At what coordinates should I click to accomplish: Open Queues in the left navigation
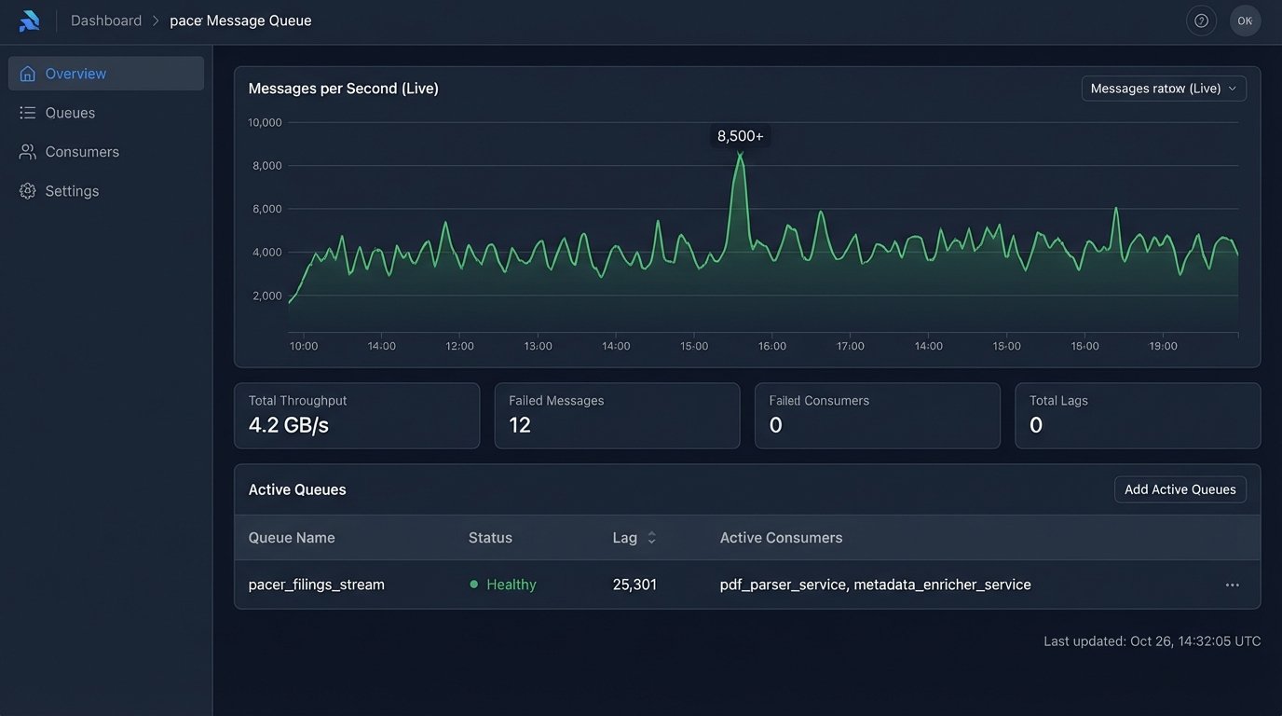pyautogui.click(x=70, y=113)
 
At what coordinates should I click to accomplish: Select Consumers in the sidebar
pyautogui.click(x=82, y=152)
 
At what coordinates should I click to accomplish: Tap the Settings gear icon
pyautogui.click(x=28, y=191)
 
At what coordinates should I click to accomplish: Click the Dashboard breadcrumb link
pyautogui.click(x=106, y=21)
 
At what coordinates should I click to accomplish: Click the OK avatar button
pyautogui.click(x=1245, y=21)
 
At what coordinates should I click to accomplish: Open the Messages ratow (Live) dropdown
pyautogui.click(x=1164, y=89)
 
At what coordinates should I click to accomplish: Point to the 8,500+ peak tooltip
pyautogui.click(x=740, y=136)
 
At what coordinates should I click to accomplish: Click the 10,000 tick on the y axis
pyautogui.click(x=265, y=122)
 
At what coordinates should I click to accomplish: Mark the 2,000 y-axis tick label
pyautogui.click(x=266, y=296)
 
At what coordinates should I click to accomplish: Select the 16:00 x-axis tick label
pyautogui.click(x=771, y=346)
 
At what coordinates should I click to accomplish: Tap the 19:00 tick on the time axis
pyautogui.click(x=1163, y=346)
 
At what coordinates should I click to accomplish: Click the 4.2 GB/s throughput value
pyautogui.click(x=289, y=425)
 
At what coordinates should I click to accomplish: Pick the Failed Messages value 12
pyautogui.click(x=520, y=425)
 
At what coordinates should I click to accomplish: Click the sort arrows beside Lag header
pyautogui.click(x=651, y=538)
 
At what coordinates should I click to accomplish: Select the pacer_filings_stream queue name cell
pyautogui.click(x=316, y=585)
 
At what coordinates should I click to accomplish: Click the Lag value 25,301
pyautogui.click(x=634, y=585)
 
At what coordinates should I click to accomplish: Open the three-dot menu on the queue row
pyautogui.click(x=1232, y=585)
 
